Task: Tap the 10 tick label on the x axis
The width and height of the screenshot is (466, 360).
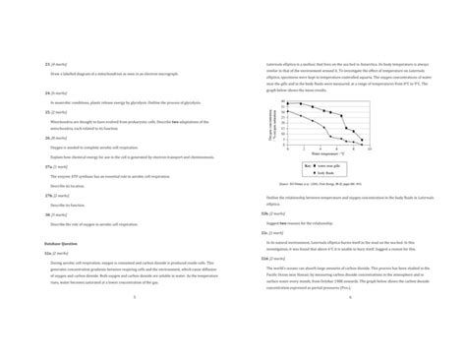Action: click(367, 149)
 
